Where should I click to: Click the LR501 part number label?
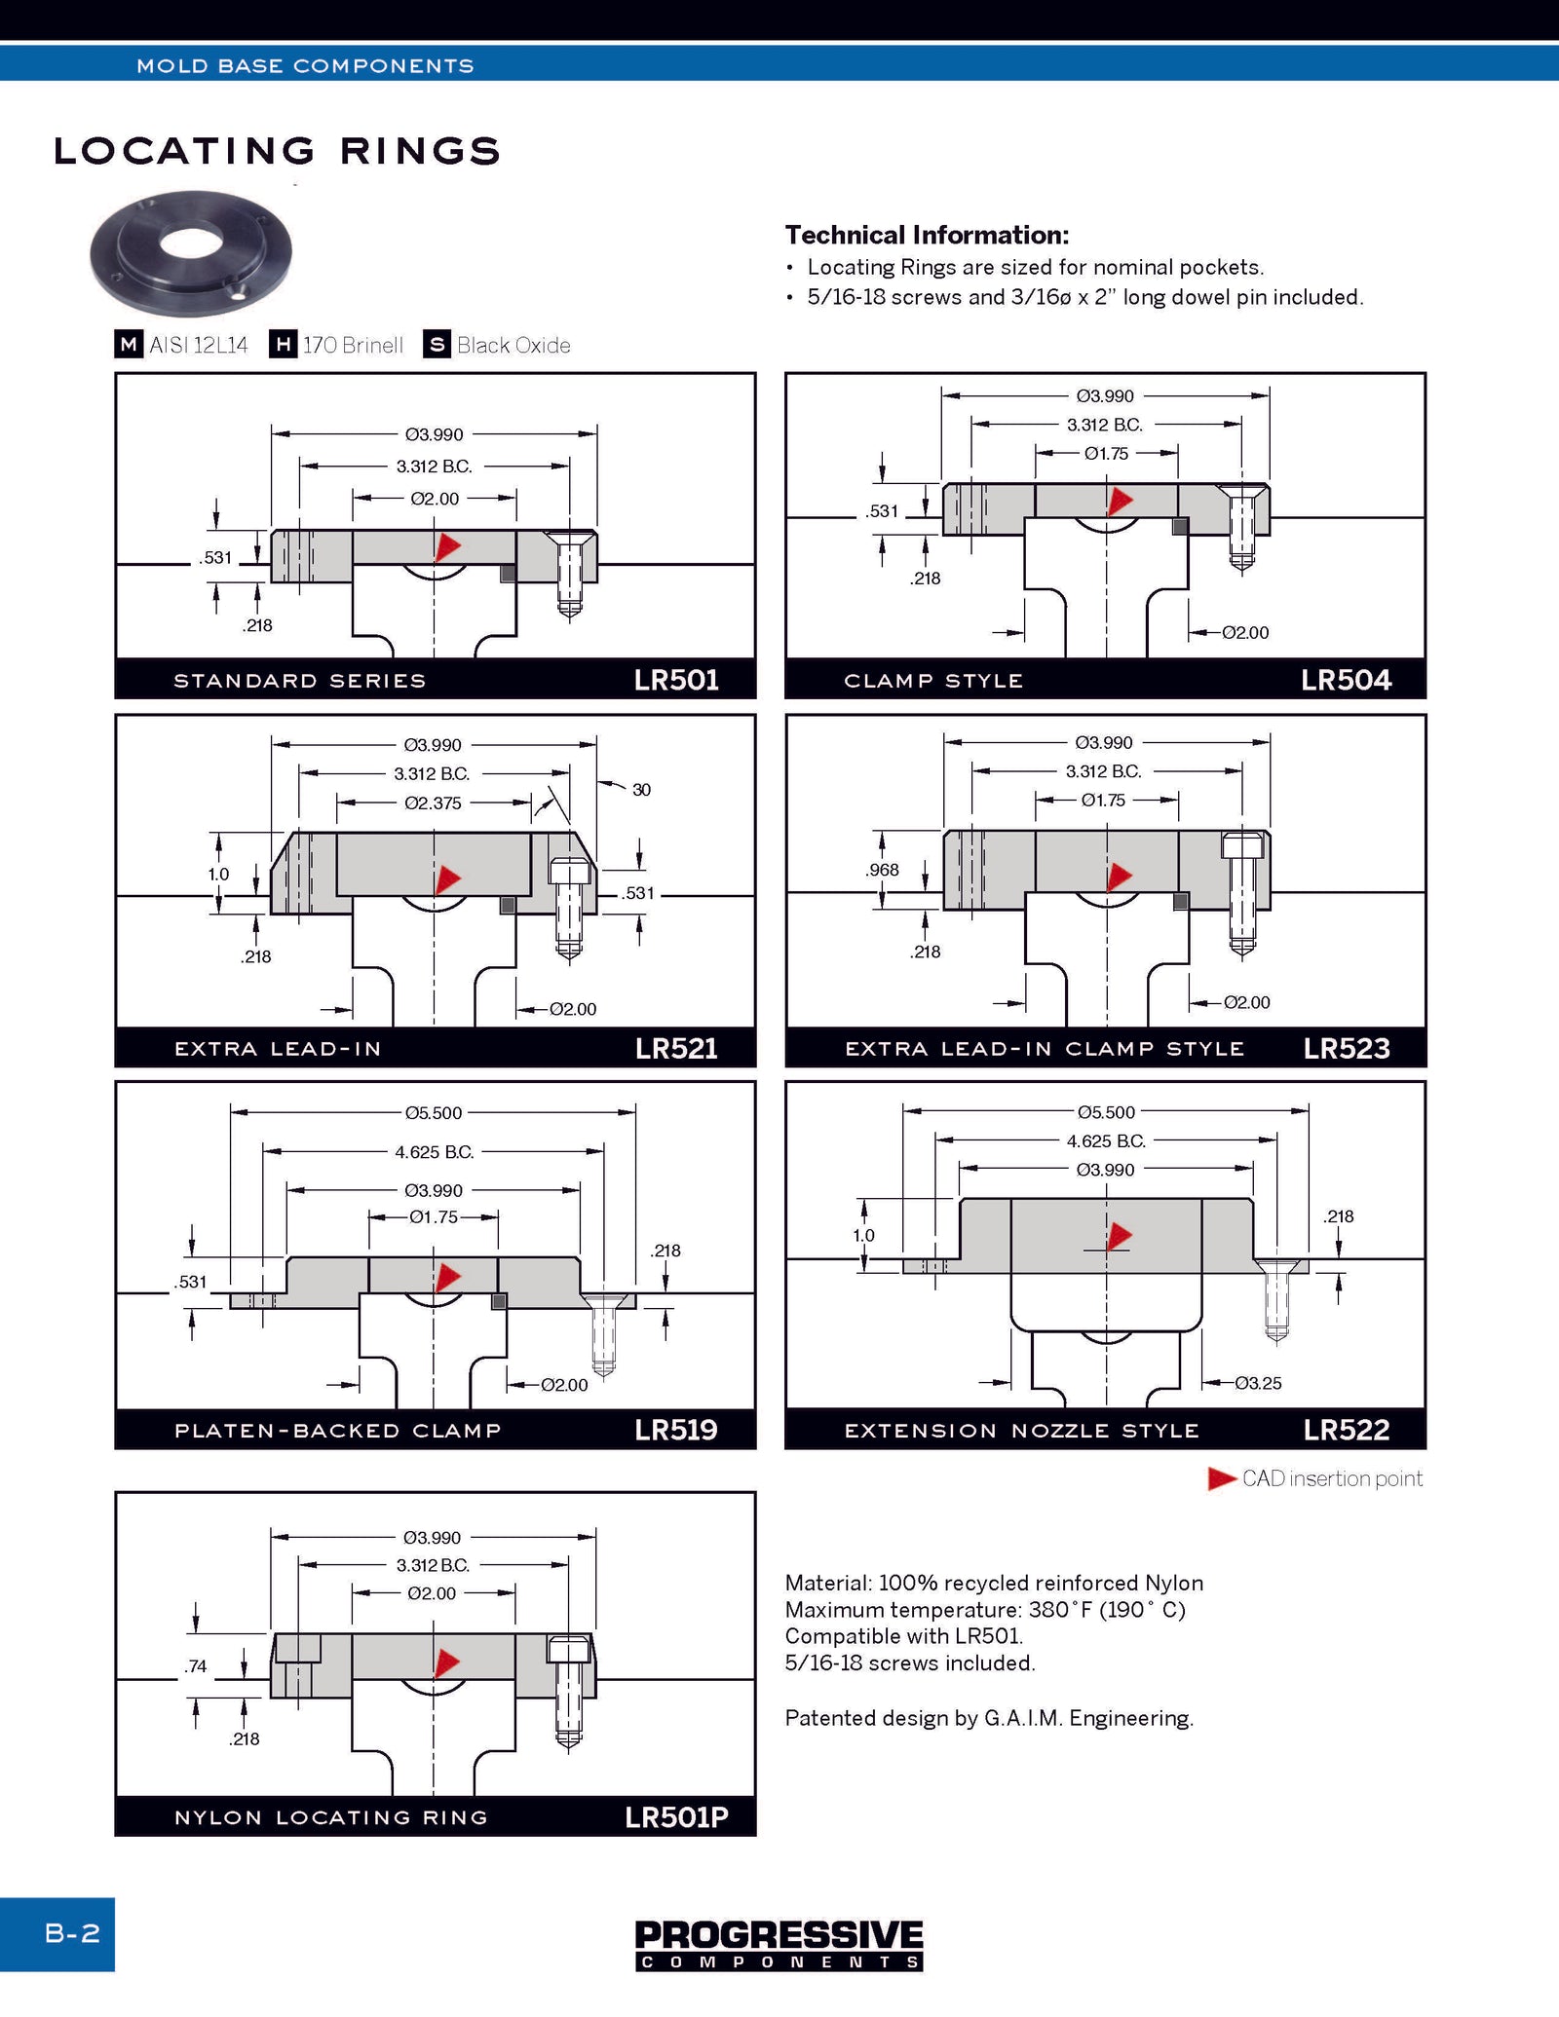click(676, 680)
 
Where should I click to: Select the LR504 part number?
click(1346, 680)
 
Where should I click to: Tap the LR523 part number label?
click(1347, 1048)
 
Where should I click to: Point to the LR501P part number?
click(676, 1817)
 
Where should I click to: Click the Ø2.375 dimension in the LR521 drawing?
click(433, 803)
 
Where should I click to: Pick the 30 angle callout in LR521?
click(641, 790)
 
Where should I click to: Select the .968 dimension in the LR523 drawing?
click(882, 870)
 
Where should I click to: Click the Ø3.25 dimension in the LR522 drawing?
click(1258, 1383)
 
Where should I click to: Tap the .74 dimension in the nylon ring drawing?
click(196, 1666)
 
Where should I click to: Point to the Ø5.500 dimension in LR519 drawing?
click(434, 1112)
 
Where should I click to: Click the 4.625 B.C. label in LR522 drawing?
click(1106, 1140)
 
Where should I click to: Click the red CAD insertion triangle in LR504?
click(1121, 501)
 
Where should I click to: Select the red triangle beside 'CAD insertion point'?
click(1221, 1478)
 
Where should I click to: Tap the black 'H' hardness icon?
click(283, 345)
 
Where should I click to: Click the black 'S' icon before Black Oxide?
click(437, 345)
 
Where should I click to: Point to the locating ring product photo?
click(191, 252)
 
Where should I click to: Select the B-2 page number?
click(72, 1932)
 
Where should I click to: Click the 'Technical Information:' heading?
click(927, 235)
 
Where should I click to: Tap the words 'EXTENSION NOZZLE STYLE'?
click(1021, 1431)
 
